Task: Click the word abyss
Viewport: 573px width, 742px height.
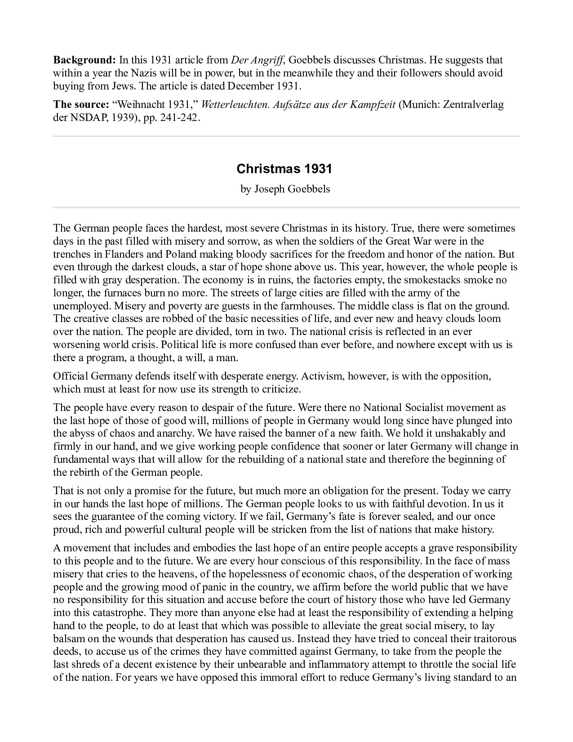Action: [83, 434]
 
